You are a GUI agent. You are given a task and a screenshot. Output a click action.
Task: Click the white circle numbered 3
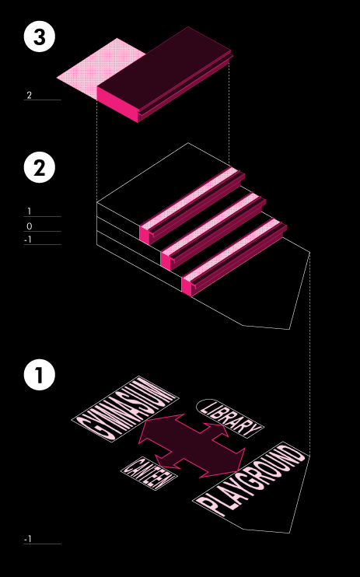40,37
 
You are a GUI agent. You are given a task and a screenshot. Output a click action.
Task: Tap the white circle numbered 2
40,167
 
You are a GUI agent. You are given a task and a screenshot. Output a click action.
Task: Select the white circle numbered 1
40,375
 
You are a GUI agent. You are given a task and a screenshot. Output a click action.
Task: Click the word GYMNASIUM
125,408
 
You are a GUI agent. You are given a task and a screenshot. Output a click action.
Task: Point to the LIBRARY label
230,418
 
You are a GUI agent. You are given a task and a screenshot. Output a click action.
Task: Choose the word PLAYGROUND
251,480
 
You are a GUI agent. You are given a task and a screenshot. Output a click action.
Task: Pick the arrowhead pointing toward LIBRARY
216,429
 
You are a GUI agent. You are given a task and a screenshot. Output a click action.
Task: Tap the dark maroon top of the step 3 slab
164,68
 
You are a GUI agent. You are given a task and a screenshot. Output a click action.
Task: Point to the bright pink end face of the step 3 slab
117,104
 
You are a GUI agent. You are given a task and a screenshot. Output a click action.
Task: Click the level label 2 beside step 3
29,96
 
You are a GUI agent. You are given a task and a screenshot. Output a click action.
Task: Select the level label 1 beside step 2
29,212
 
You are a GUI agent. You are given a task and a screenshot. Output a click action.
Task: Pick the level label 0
30,226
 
